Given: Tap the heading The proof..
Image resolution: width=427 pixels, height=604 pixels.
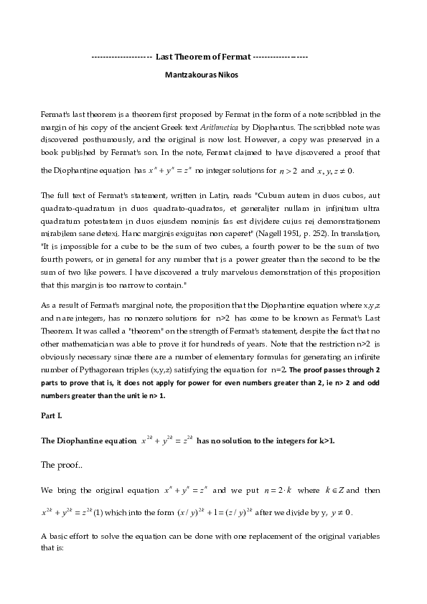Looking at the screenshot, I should [x=62, y=465].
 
